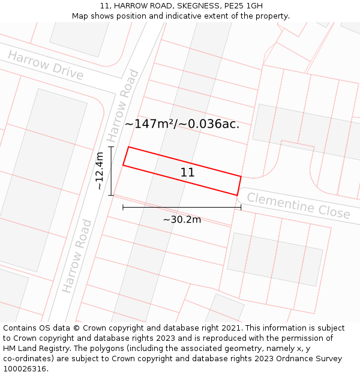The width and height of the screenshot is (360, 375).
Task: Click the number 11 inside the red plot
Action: (x=187, y=173)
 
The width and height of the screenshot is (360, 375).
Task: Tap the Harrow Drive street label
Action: (x=46, y=65)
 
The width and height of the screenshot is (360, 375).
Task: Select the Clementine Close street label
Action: (x=298, y=205)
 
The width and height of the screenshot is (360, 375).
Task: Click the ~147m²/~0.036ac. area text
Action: (x=182, y=124)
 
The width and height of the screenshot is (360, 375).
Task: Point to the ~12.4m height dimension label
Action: (x=100, y=171)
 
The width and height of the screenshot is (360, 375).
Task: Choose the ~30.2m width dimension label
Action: (x=182, y=220)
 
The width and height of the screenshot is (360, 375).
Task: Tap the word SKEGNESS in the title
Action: (x=196, y=6)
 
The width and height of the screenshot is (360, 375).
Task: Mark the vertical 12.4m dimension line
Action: (x=111, y=171)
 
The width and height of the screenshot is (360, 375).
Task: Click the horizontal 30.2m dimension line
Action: (x=182, y=208)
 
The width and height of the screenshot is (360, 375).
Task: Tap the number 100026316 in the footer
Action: (x=24, y=369)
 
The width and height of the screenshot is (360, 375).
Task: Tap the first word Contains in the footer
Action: (x=20, y=328)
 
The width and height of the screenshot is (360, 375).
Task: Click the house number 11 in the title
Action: (x=105, y=6)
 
